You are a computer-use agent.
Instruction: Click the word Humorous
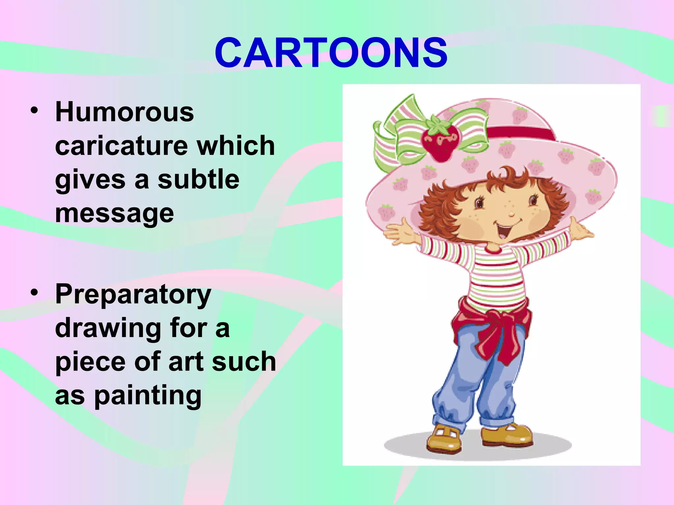pos(124,112)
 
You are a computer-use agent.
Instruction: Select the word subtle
pos(198,180)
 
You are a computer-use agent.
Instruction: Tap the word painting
pos(148,396)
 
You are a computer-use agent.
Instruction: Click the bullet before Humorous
pos(34,110)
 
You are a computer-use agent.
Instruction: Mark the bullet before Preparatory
pos(34,292)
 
